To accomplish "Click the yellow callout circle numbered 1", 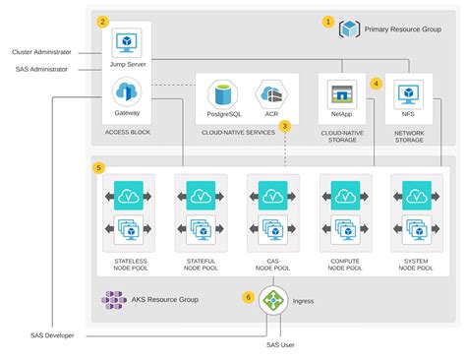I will (x=328, y=21).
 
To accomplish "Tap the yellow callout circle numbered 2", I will (x=103, y=21).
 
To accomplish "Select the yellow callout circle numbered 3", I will (x=285, y=125).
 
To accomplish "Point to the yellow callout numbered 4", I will (x=376, y=84).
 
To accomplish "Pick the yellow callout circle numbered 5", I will (x=98, y=167).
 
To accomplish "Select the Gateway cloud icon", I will (x=126, y=93).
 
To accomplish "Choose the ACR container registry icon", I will (x=267, y=95).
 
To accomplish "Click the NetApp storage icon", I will (x=341, y=94).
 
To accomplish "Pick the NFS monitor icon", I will (x=407, y=94).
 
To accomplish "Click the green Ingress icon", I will (x=273, y=304).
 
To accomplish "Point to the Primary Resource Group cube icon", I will (x=349, y=30).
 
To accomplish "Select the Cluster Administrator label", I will (x=39, y=52).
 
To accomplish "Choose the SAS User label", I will (x=280, y=344).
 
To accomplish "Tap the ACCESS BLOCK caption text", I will (x=127, y=131).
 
